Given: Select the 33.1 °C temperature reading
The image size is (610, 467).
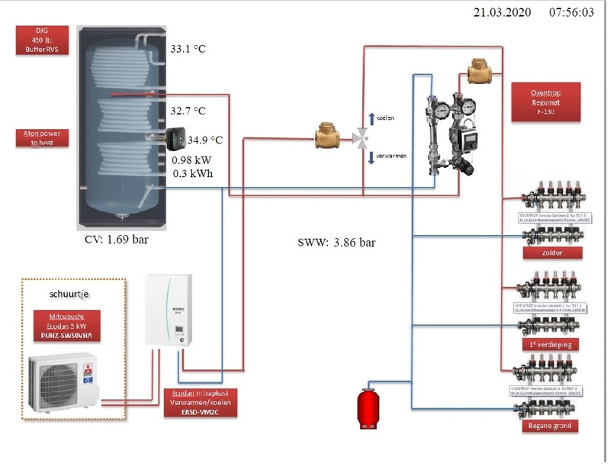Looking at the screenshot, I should click(x=188, y=50).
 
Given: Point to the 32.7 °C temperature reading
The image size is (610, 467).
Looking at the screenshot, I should click(x=188, y=111).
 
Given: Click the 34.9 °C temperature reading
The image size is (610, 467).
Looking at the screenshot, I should click(x=204, y=140).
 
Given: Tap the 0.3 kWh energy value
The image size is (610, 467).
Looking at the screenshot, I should click(x=191, y=173).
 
